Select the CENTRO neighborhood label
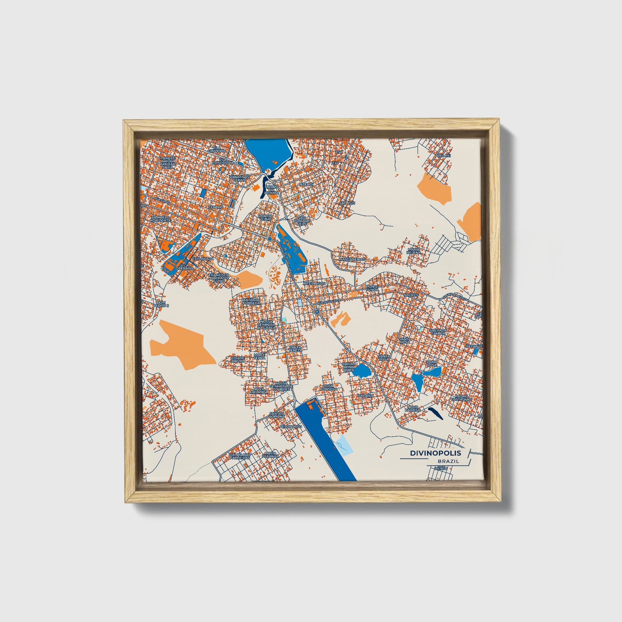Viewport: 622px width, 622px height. (x=216, y=207)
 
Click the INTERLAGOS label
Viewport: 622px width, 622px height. (x=314, y=284)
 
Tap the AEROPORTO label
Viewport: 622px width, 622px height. (x=291, y=426)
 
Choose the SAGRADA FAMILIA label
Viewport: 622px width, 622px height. (x=438, y=332)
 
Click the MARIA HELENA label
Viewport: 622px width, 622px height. (x=414, y=251)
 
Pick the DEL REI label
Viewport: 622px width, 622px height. (x=444, y=155)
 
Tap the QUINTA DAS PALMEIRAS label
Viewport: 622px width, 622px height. (x=239, y=456)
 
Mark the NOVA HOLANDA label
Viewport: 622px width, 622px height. (x=259, y=391)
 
